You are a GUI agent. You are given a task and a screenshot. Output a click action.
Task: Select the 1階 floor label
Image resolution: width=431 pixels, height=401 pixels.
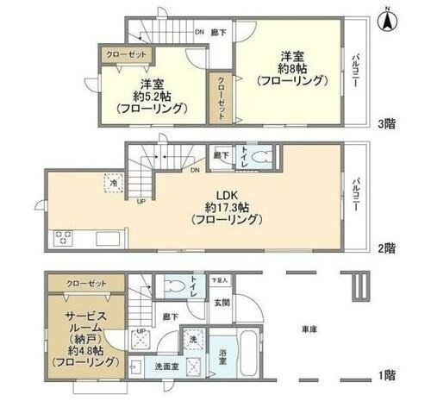[386, 375]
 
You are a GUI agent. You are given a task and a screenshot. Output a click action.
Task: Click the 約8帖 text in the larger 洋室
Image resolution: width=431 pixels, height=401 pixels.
[292, 67]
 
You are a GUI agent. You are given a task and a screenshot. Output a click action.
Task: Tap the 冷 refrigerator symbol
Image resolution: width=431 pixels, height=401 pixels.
[114, 182]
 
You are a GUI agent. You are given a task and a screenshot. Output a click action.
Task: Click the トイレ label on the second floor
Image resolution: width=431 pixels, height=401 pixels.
[246, 155]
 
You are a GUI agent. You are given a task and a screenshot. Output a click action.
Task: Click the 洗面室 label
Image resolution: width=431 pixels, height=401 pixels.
[163, 366]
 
